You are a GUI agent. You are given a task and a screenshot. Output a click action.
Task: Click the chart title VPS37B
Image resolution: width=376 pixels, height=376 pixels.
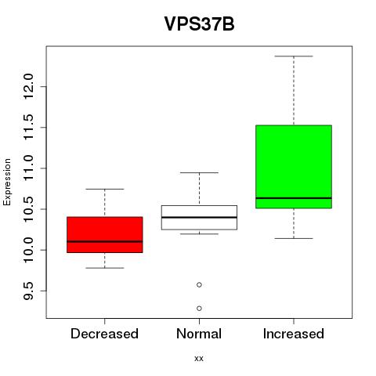point(199,23)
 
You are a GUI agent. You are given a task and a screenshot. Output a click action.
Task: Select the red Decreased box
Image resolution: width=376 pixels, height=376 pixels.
point(105,235)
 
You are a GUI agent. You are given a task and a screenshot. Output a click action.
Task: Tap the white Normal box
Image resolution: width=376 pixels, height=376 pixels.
point(199,218)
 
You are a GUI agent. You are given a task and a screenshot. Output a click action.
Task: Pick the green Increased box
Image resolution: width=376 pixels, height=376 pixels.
point(294,167)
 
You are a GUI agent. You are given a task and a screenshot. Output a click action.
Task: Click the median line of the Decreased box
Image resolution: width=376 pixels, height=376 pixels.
point(105,241)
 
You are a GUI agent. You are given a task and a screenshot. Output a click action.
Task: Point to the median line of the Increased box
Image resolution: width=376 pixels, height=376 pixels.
point(294,198)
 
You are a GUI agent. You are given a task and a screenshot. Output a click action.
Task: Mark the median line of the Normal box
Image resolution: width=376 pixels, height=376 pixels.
point(199,217)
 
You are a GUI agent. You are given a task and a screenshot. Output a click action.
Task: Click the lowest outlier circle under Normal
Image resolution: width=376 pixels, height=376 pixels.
point(199,309)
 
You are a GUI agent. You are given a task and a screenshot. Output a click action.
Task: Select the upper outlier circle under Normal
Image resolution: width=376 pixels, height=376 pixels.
point(199,284)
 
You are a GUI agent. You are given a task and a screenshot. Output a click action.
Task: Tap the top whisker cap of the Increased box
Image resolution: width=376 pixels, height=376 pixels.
point(294,56)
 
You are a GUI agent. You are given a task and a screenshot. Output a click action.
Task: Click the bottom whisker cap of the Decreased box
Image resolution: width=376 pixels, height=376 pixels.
point(105,268)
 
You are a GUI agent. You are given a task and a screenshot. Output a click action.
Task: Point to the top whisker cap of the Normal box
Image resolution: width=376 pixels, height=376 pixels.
point(199,172)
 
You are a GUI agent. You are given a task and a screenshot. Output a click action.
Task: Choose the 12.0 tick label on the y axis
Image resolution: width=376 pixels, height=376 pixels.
point(28,86)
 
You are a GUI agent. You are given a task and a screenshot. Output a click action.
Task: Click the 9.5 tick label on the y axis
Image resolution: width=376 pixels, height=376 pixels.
point(28,291)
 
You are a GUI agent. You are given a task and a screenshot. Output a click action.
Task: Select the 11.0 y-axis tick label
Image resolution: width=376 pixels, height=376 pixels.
point(28,168)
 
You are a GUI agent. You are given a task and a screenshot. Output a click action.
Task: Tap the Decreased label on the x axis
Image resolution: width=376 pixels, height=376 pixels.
point(104,334)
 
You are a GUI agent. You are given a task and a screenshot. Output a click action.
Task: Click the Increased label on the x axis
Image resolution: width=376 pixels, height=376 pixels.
point(294,334)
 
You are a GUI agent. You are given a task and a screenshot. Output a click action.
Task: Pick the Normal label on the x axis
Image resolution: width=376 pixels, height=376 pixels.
point(199,334)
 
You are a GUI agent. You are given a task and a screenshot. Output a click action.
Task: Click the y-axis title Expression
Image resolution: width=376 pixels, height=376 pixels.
point(7,182)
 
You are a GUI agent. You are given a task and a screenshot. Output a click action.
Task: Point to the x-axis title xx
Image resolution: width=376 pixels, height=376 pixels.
point(199,359)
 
